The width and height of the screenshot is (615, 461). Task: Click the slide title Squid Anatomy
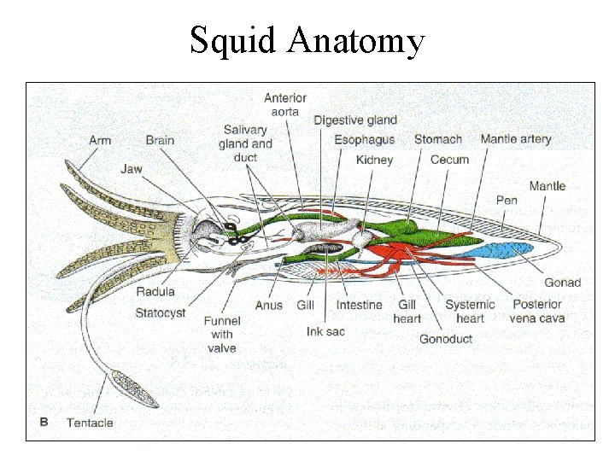[x=307, y=40]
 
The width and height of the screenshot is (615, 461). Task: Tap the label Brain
[x=160, y=140]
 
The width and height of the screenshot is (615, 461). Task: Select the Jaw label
[x=131, y=169]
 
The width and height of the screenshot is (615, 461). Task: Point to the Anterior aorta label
[x=285, y=105]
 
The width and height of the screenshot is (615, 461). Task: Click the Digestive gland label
[x=355, y=120]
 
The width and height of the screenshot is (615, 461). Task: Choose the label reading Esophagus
[x=364, y=139]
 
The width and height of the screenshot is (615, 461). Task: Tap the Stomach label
[x=437, y=139]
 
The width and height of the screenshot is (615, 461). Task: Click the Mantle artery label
[x=515, y=139]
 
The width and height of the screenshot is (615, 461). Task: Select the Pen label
[x=507, y=201]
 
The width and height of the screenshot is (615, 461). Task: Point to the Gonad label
[x=562, y=283]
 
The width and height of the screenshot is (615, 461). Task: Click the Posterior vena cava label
[x=536, y=311]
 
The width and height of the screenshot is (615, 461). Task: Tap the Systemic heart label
[x=470, y=311]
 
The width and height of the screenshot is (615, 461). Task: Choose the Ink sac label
[x=325, y=330]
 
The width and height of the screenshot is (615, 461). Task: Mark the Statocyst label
[x=160, y=313]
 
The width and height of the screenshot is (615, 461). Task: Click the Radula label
[x=155, y=292]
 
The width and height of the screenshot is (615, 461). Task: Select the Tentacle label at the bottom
[x=90, y=423]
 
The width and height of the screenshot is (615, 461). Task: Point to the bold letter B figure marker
[x=44, y=422]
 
